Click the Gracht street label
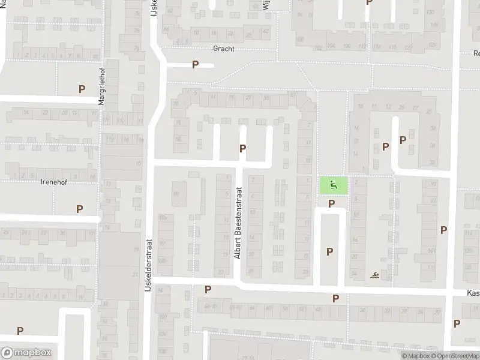223,49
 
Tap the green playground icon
333,185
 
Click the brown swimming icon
375,275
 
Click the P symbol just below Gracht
195,65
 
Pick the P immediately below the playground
331,205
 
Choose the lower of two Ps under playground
329,252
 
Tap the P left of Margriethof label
82,89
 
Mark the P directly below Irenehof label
79,209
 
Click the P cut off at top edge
369,2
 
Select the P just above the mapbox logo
20,331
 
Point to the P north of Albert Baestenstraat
242,148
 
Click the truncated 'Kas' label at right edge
473,293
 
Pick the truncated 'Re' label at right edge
476,53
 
